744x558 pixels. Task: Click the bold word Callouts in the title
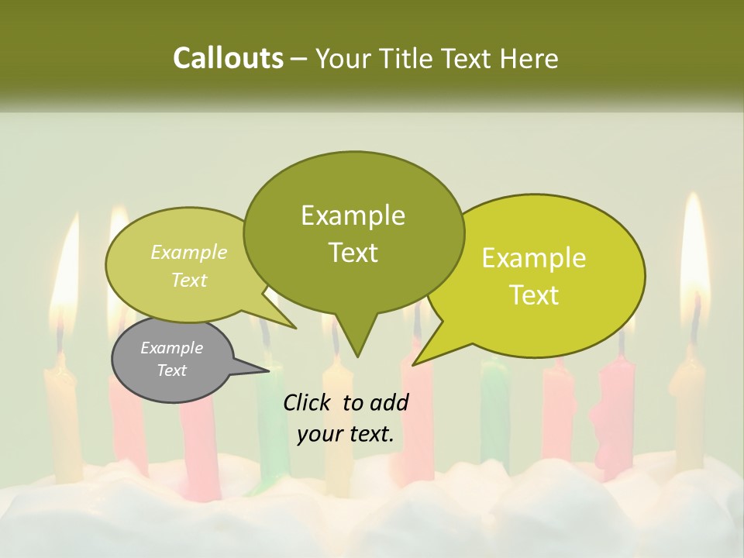[228, 58]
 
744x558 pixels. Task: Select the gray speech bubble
[172, 360]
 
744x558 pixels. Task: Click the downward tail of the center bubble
[356, 341]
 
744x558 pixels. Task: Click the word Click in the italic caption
[308, 402]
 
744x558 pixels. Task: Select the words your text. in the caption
[346, 434]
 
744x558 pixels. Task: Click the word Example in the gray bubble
[171, 348]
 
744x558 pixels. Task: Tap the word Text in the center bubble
[353, 253]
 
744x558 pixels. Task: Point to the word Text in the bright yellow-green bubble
[535, 295]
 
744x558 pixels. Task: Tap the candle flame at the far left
[66, 271]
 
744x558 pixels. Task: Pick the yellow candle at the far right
[687, 411]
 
